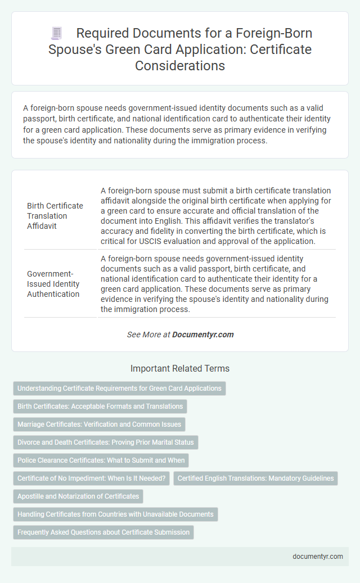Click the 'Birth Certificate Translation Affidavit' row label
[x=55, y=215]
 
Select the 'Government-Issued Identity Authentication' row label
[x=53, y=283]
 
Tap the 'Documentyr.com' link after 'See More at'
[x=202, y=335]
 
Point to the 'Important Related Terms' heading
[x=180, y=369]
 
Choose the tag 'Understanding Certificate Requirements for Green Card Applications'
[x=119, y=388]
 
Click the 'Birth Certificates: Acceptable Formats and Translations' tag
[x=100, y=406]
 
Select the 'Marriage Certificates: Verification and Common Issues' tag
[x=99, y=424]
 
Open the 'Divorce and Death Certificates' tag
[x=105, y=442]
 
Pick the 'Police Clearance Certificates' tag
[x=101, y=460]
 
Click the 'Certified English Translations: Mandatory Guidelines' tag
[x=255, y=478]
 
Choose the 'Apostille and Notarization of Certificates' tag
[x=78, y=496]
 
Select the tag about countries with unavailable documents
[x=115, y=514]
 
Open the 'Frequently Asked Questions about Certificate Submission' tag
[x=103, y=532]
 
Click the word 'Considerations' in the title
[x=180, y=65]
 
